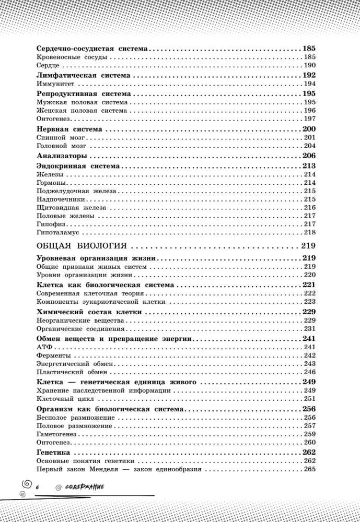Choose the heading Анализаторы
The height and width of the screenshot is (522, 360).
[62, 156]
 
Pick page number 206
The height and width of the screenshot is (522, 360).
[309, 156]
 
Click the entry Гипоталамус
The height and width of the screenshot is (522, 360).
[57, 232]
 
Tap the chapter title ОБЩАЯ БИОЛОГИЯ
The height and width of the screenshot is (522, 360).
[82, 246]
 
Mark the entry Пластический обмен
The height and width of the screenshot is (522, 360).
[64, 372]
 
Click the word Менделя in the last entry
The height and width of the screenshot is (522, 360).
[118, 469]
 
